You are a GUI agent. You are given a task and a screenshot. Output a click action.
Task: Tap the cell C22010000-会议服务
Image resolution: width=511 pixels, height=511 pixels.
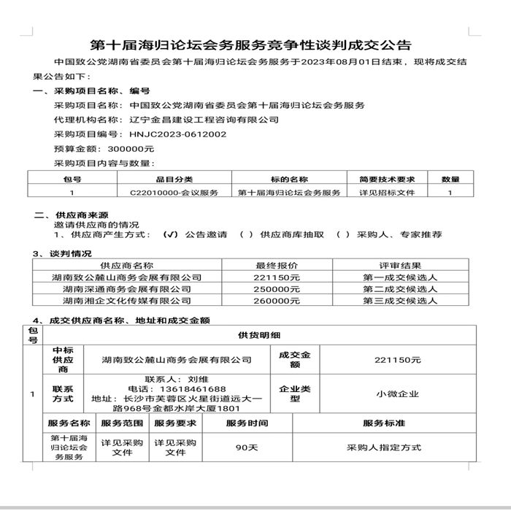pos(174,193)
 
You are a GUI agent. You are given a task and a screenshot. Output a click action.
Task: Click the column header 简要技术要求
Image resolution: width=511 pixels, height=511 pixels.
pos(387,179)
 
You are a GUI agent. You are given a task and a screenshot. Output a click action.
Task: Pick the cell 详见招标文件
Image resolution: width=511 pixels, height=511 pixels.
pos(387,193)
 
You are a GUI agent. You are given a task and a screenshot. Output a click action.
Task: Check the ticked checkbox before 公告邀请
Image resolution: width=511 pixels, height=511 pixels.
pos(171,235)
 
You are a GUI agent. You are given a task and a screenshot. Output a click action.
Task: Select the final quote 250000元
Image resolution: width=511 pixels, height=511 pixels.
pos(277,289)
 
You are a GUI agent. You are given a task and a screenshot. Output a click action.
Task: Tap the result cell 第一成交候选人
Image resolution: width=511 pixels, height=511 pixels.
pos(400,277)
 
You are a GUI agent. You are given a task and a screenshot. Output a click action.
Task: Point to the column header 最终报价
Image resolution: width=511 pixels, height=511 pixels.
pos(277,266)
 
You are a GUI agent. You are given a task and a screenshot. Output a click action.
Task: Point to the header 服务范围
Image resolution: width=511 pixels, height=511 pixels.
pos(121,423)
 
